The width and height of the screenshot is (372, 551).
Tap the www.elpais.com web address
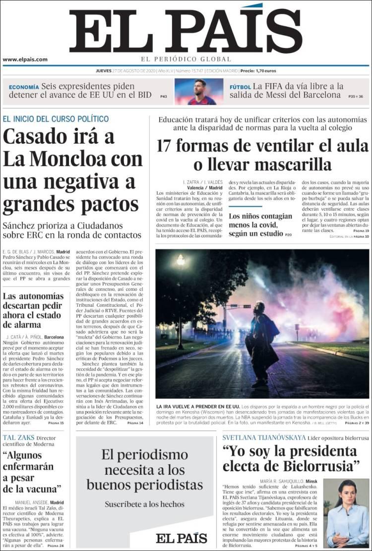[x=25, y=59]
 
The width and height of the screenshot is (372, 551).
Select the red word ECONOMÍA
[x=23, y=86]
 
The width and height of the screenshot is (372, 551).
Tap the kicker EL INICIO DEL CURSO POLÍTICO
[x=56, y=119]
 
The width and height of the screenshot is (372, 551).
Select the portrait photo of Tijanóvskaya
[x=347, y=512]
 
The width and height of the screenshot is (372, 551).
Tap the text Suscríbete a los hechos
[x=144, y=504]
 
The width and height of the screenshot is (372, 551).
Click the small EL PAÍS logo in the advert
[x=181, y=538]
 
